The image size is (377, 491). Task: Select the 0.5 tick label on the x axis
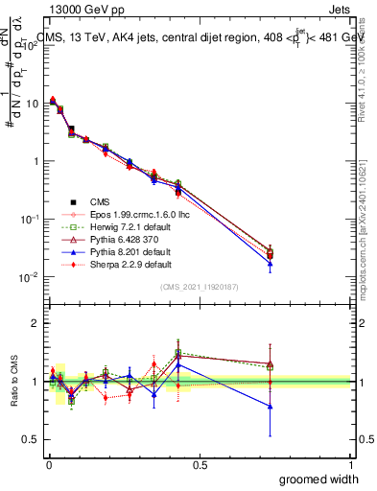click(200, 464)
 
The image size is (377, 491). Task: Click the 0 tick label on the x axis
click(49, 464)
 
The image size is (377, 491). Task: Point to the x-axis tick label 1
click(350, 464)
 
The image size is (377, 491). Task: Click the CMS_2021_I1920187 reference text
click(199, 288)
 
